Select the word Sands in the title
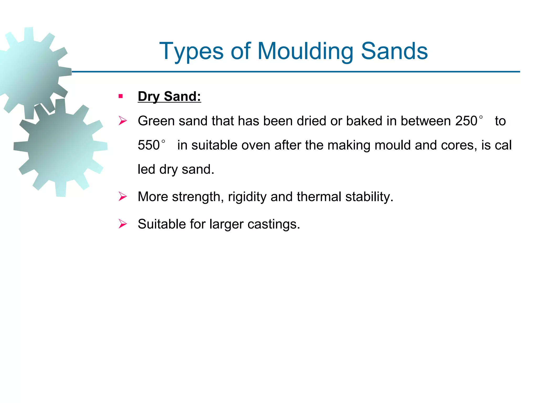click(x=394, y=51)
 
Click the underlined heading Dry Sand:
click(x=169, y=96)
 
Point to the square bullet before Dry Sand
click(x=121, y=96)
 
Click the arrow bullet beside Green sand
click(x=123, y=121)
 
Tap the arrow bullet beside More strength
click(x=123, y=197)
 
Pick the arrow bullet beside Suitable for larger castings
click(x=123, y=224)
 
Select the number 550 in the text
click(x=149, y=145)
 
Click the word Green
click(x=156, y=121)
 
